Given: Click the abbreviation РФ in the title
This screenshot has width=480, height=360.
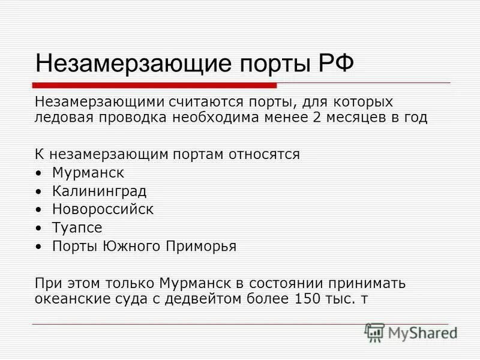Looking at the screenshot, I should [x=335, y=63].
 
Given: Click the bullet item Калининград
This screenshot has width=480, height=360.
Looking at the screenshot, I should [x=99, y=191].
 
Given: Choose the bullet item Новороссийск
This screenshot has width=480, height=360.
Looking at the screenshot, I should [x=103, y=209].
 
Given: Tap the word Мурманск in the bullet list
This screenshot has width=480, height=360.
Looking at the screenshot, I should [x=88, y=173].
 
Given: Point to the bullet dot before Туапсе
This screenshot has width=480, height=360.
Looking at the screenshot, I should [x=39, y=228].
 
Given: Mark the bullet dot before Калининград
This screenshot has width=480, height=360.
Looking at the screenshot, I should [x=39, y=192].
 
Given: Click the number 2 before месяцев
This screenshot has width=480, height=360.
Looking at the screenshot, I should [x=317, y=117].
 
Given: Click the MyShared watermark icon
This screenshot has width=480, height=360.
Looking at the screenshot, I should [x=374, y=332].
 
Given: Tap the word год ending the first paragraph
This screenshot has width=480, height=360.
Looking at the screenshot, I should [x=414, y=117].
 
